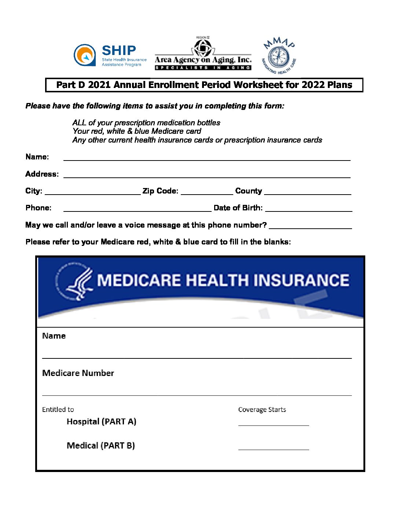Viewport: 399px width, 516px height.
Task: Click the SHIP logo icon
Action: pyautogui.click(x=85, y=55)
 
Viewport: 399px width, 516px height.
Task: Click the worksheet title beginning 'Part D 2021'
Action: pyautogui.click(x=204, y=85)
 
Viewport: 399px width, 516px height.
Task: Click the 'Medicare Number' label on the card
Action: pyautogui.click(x=78, y=373)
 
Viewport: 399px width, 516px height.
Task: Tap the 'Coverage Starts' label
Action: pyautogui.click(x=262, y=410)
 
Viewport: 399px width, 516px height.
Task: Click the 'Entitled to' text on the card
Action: pyautogui.click(x=58, y=410)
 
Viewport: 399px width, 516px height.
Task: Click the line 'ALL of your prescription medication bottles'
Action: pyautogui.click(x=146, y=123)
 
